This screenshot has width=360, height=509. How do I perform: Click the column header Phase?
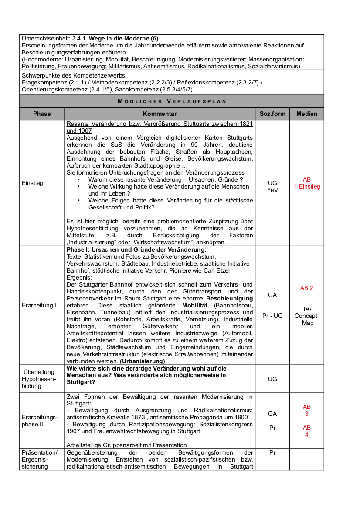click(x=42, y=114)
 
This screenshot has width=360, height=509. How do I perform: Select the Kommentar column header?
click(x=160, y=114)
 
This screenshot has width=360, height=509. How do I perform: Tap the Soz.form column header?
click(x=272, y=114)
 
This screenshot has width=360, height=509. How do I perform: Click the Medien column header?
click(x=307, y=114)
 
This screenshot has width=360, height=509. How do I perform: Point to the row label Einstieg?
click(x=32, y=183)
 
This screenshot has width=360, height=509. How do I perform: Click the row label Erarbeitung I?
click(x=39, y=305)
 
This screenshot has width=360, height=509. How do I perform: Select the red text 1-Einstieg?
click(x=307, y=186)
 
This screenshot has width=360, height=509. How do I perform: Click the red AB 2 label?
click(x=307, y=288)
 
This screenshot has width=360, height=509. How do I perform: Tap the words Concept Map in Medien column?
click(x=306, y=319)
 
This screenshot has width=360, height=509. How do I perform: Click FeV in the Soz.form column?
click(x=272, y=190)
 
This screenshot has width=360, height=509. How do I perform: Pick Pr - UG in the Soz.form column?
click(x=272, y=316)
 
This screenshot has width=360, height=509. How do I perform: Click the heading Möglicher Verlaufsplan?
click(x=172, y=101)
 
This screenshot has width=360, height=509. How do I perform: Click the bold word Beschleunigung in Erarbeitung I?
click(x=229, y=298)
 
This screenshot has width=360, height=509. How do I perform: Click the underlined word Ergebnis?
click(x=80, y=277)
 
